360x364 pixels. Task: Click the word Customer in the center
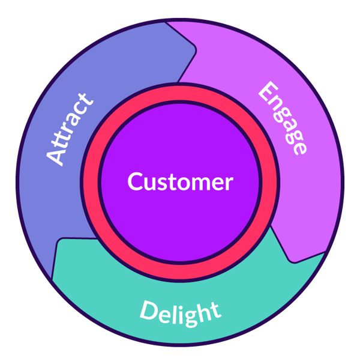click(x=180, y=181)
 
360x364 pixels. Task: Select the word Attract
click(x=71, y=129)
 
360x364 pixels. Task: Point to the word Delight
click(x=180, y=311)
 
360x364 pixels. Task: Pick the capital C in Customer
click(x=135, y=181)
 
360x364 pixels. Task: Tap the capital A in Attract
click(x=56, y=157)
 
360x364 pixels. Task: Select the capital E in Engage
click(x=266, y=91)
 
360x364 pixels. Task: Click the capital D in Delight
click(x=148, y=310)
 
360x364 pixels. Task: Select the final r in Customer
click(x=228, y=183)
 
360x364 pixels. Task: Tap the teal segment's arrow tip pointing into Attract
click(x=58, y=241)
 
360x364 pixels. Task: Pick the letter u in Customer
click(x=149, y=183)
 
